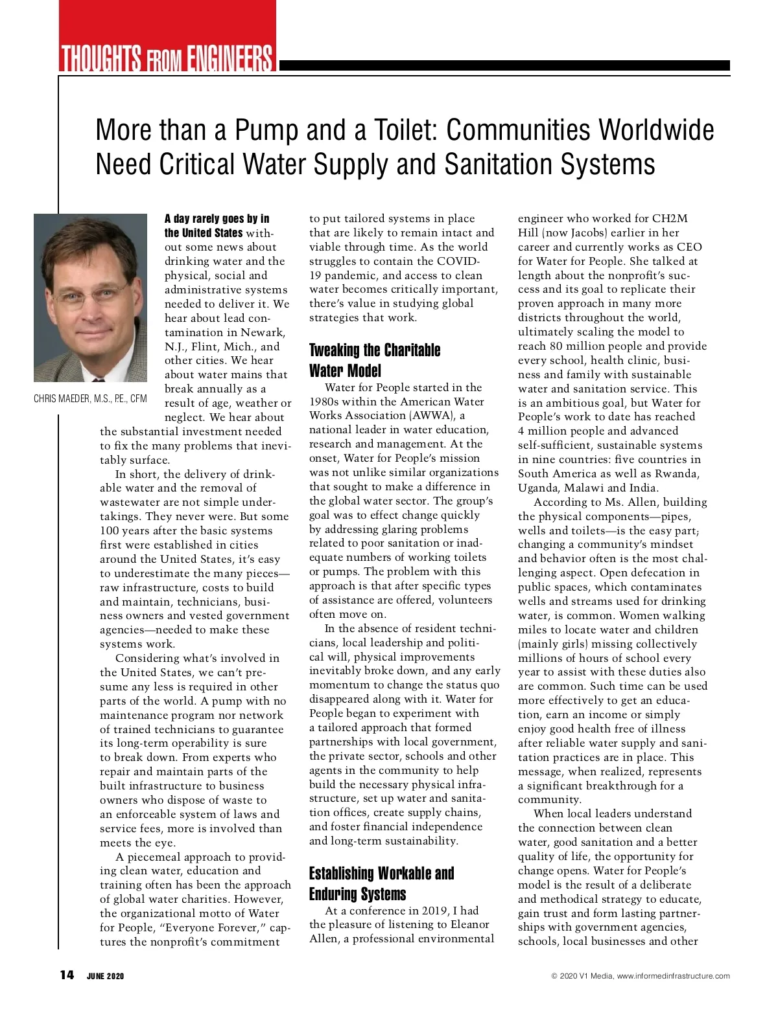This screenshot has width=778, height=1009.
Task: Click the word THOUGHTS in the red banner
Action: point(100,58)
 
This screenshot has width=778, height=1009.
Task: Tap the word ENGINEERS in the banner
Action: point(230,58)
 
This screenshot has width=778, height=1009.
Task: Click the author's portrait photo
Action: point(91,298)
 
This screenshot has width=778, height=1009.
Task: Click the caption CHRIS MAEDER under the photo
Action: point(62,399)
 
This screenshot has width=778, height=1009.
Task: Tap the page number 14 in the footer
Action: point(67,975)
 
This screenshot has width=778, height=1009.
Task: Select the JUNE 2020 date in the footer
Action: point(105,976)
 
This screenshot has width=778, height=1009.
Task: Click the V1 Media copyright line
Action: point(640,976)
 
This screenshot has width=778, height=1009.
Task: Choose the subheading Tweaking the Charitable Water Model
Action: point(374,360)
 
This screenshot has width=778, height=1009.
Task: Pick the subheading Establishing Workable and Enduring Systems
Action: point(381,883)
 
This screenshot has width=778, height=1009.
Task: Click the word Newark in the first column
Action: point(263,332)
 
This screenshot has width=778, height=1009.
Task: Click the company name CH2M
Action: point(670,218)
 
